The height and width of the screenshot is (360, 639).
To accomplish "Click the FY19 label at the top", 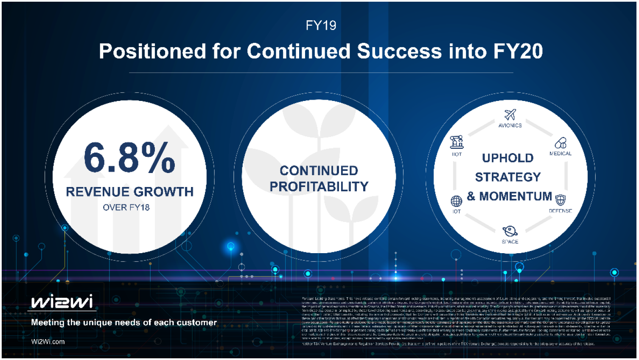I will (x=321, y=26).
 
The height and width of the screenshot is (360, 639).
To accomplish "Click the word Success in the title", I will (x=399, y=51).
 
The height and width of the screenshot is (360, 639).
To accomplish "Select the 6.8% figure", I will (x=129, y=158).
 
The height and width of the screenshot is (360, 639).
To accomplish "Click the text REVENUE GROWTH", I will (x=129, y=192).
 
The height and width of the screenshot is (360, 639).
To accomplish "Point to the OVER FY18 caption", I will (x=126, y=207).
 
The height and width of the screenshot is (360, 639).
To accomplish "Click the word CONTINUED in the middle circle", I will (x=319, y=170).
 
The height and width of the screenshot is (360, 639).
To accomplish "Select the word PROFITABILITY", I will (x=319, y=187).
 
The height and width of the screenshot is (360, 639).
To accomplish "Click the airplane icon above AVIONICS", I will (x=510, y=114).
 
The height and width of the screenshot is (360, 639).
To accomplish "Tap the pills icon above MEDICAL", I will (x=561, y=143).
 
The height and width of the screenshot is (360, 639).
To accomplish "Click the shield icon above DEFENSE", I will (x=561, y=200).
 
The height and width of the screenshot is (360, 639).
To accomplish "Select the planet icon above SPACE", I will (x=510, y=232).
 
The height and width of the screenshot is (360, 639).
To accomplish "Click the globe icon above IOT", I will (x=456, y=201).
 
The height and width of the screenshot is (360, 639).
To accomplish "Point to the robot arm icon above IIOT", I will (x=457, y=142).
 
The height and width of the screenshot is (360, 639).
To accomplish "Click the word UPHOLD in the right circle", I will (x=507, y=158).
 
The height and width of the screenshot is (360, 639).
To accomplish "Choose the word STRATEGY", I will (x=507, y=177).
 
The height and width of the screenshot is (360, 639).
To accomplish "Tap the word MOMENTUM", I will (x=515, y=196).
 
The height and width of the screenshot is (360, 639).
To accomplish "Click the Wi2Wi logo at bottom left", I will (x=62, y=302).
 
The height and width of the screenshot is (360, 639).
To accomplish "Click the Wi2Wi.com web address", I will (x=48, y=342).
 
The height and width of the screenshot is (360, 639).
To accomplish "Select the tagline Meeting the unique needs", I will (x=123, y=323).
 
